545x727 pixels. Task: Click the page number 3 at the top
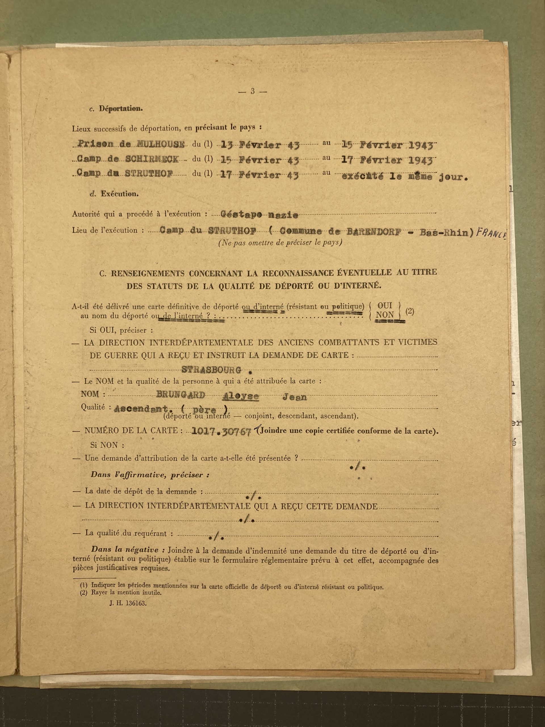click(x=252, y=92)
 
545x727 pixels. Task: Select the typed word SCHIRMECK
click(x=152, y=160)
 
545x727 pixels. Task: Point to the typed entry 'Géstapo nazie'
click(x=259, y=215)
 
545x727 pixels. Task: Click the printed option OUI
click(x=385, y=305)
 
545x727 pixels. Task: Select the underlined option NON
click(x=385, y=315)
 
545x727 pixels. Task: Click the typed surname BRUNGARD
click(x=181, y=395)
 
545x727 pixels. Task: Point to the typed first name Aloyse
click(x=241, y=396)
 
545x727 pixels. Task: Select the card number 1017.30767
click(x=221, y=432)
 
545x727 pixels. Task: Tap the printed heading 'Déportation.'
click(x=121, y=109)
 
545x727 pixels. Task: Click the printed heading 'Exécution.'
click(x=120, y=194)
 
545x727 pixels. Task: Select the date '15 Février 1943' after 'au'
click(x=388, y=145)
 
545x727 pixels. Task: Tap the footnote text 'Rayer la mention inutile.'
click(x=127, y=593)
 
